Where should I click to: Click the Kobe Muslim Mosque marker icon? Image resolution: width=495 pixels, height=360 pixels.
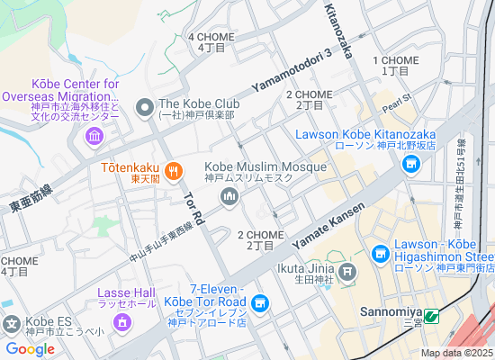pos(229,199)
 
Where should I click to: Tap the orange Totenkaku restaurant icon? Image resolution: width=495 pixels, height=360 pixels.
pos(174,169)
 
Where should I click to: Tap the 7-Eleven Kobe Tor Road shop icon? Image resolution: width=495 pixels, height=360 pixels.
pos(261,303)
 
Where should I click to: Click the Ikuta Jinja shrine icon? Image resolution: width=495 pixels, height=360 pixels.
pos(348,270)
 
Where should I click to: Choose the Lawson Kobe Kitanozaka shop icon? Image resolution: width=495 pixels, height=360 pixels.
pos(412,164)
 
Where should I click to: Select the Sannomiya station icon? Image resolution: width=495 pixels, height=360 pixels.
pos(432,317)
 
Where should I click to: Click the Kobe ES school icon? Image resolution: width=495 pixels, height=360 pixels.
pos(12,323)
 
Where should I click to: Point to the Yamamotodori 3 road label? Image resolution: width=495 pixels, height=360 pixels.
pos(292,69)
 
